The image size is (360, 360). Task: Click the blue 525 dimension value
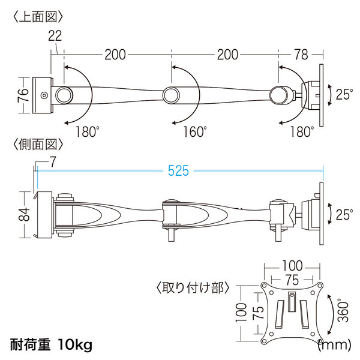click(x=178, y=170)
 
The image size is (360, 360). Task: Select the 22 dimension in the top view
click(x=55, y=36)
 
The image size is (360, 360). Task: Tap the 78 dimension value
click(x=301, y=55)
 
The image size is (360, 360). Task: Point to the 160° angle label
click(x=194, y=132)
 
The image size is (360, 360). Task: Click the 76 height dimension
click(x=23, y=95)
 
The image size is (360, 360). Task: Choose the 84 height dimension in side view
click(x=24, y=214)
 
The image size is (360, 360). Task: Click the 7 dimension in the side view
click(x=53, y=162)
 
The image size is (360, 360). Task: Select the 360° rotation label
click(x=343, y=310)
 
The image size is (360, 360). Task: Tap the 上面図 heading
click(x=38, y=17)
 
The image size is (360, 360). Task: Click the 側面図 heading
click(x=38, y=145)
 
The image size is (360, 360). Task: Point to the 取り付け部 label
click(x=193, y=287)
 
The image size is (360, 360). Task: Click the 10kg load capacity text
click(x=75, y=344)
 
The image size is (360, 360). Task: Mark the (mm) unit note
click(x=335, y=345)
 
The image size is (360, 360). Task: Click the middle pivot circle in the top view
click(x=171, y=95)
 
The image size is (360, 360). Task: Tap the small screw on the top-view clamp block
click(x=44, y=95)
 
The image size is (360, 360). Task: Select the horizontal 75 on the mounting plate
click(x=292, y=280)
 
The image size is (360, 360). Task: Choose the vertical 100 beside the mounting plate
click(x=241, y=313)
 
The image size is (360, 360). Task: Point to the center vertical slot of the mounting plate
click(x=292, y=301)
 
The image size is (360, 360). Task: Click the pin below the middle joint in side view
click(x=171, y=235)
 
